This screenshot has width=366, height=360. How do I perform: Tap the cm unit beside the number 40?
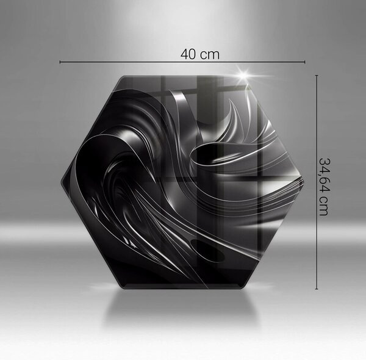click(x=210, y=56)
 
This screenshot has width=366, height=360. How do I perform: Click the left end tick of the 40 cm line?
click(x=60, y=62)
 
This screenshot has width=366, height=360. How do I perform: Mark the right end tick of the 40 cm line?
click(x=304, y=62)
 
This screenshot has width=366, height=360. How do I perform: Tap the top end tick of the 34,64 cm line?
click(x=317, y=76)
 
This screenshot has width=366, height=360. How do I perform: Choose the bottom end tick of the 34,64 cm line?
click(x=317, y=289)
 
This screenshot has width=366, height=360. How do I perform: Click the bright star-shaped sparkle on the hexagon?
click(x=245, y=75)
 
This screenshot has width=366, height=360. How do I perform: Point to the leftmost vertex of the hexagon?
click(x=61, y=182)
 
